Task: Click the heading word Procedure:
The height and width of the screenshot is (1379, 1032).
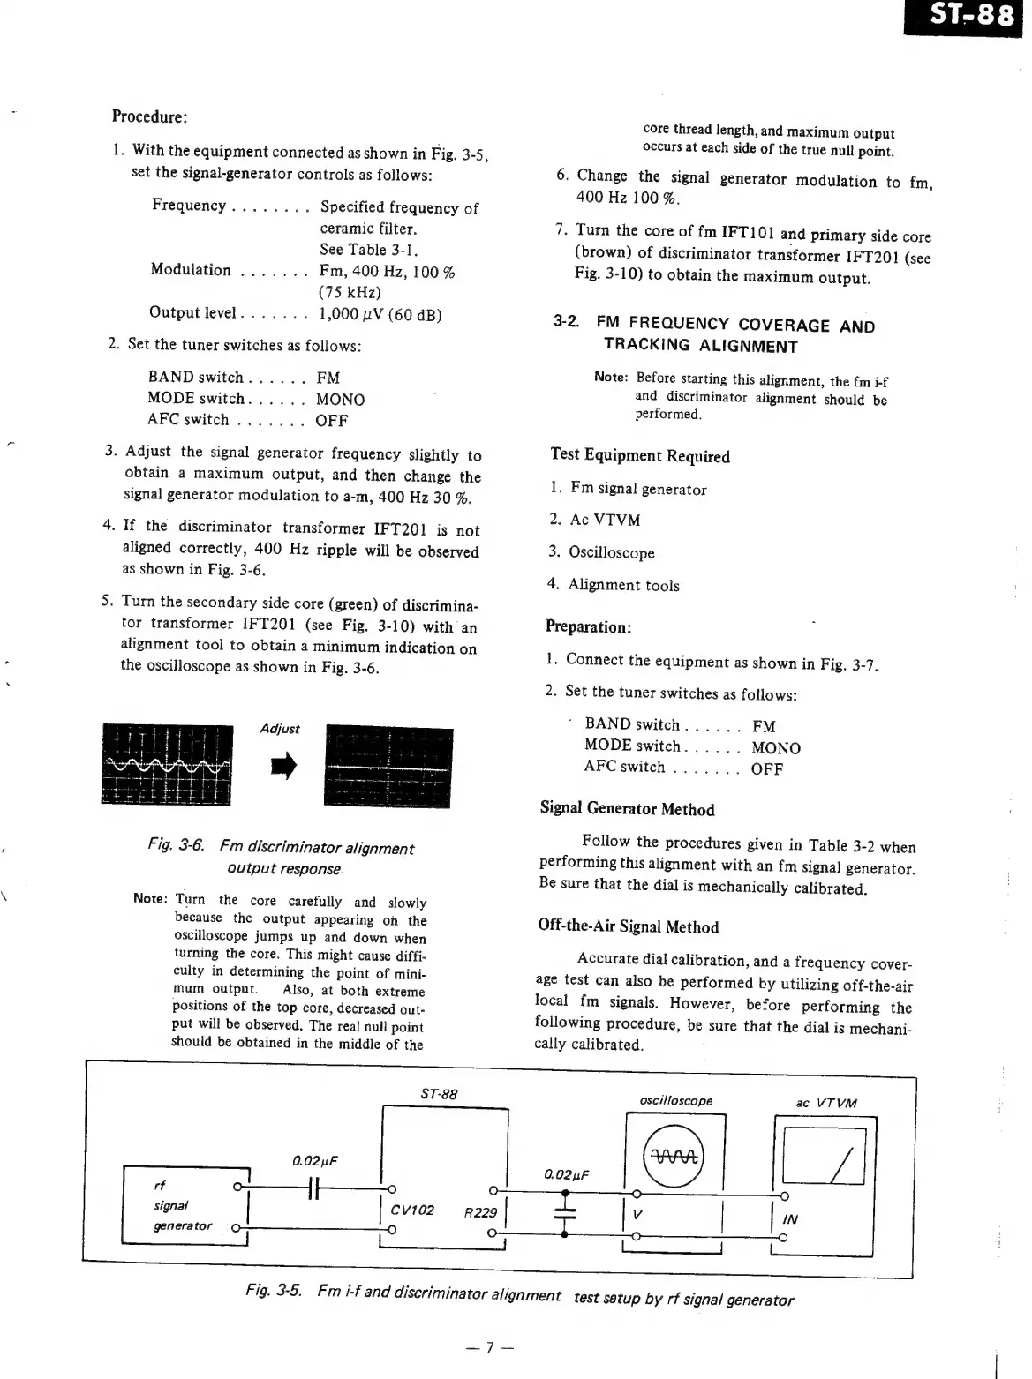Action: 149,116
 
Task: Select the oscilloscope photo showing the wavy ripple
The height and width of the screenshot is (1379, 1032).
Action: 167,764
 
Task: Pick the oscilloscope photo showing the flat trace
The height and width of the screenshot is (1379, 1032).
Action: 388,767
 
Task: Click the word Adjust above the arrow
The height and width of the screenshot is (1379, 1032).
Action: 280,729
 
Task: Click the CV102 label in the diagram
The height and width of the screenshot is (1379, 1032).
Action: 412,1210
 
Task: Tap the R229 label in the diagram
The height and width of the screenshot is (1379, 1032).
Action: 480,1212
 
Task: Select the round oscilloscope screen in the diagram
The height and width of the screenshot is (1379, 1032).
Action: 675,1158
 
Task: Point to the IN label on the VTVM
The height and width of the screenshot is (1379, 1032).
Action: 790,1218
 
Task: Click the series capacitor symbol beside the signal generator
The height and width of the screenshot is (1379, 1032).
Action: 313,1188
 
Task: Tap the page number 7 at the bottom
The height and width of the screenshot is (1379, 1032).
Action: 490,1347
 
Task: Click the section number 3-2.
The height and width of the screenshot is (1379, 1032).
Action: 566,322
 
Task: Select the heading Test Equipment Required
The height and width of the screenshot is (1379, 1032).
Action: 640,455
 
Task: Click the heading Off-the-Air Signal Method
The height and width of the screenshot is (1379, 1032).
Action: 628,926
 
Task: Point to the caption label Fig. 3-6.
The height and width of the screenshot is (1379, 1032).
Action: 177,845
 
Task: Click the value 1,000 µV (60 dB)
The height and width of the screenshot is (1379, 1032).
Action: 380,314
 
